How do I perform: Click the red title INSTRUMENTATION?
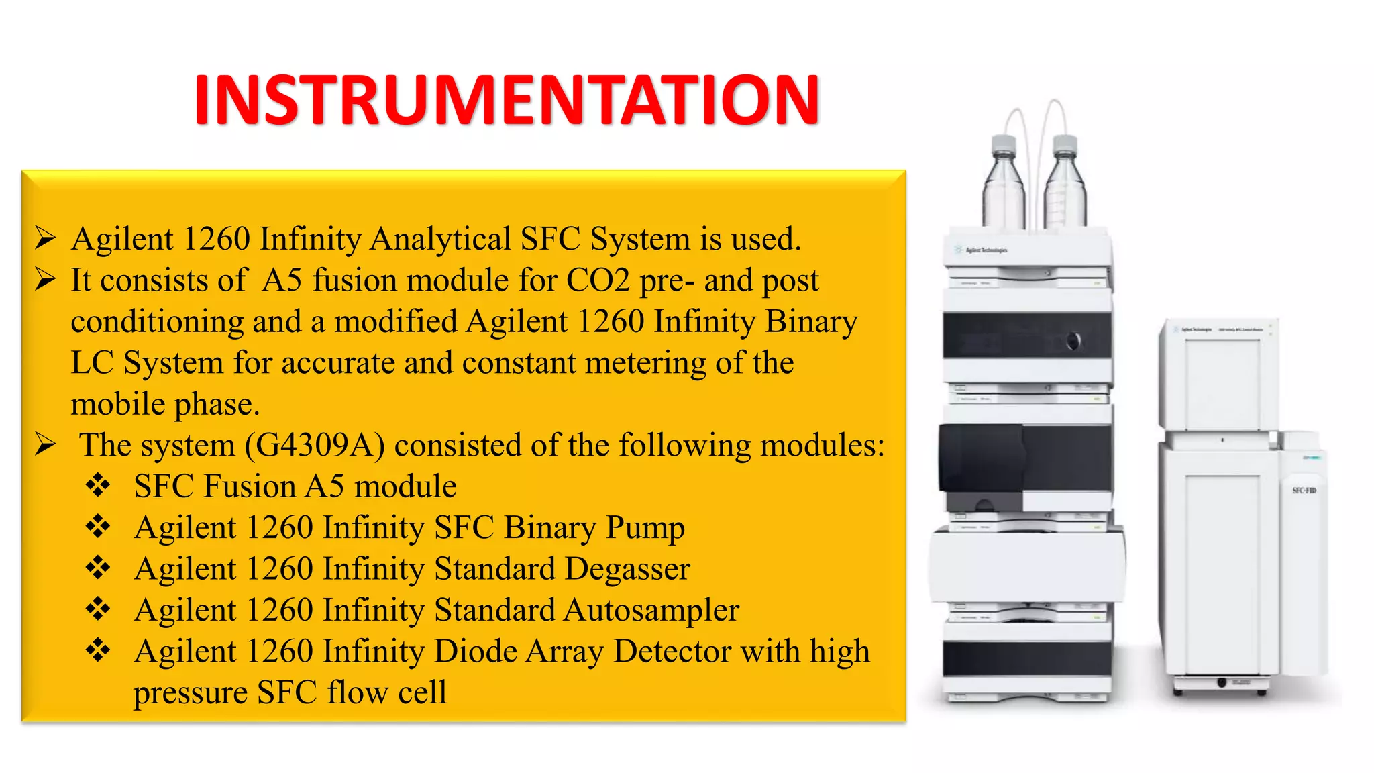click(x=507, y=101)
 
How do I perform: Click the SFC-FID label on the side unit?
click(x=1304, y=491)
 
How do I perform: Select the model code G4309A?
click(x=315, y=445)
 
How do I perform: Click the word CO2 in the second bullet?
click(x=598, y=280)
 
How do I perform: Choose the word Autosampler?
click(x=651, y=611)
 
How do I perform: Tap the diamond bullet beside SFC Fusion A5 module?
click(x=98, y=486)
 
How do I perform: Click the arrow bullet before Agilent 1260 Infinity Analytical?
click(x=45, y=239)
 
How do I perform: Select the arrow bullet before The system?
click(x=45, y=445)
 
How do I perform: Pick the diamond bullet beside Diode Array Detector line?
click(x=98, y=651)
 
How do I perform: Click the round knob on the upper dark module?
click(x=1073, y=341)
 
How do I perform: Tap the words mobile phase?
click(x=164, y=404)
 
